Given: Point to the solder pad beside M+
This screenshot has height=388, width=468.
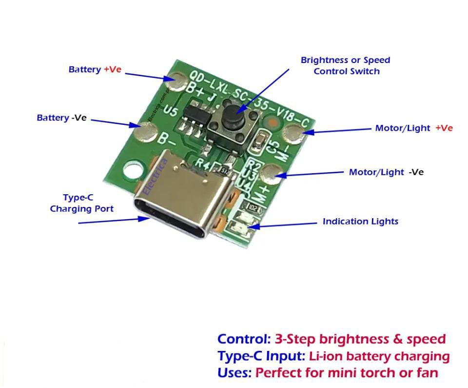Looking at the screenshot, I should point(272,172).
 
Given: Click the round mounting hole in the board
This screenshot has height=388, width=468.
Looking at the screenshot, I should point(132,170).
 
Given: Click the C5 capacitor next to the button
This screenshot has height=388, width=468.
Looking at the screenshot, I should point(262,141).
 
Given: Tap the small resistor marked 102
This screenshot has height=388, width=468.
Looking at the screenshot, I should point(253,207).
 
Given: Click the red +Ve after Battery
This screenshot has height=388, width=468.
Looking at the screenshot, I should point(112,69).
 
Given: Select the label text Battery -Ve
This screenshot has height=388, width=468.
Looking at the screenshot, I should point(61,118).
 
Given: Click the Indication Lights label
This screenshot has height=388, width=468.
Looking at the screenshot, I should point(360,221).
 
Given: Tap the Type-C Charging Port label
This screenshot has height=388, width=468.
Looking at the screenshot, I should point(81,204).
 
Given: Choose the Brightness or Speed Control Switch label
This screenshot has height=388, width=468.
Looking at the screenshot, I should point(346,65).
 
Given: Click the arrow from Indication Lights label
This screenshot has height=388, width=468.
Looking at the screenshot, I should point(288,225).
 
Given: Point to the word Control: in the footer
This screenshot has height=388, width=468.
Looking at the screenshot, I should point(243,339).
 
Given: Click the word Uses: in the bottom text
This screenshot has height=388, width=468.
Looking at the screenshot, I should point(234,373).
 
